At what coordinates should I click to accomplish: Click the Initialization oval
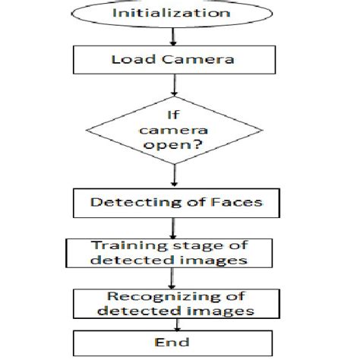tap(176, 14)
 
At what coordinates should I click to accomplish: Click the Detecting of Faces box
tap(175, 203)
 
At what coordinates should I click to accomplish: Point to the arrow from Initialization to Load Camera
tap(175, 36)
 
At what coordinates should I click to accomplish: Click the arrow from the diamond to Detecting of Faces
tap(176, 177)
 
